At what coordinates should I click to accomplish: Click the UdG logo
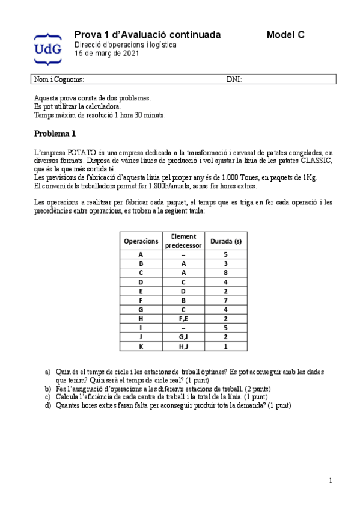(47, 48)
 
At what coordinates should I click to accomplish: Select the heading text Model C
(285, 35)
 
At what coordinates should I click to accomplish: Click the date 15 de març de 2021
(106, 54)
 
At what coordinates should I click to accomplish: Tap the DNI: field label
(234, 79)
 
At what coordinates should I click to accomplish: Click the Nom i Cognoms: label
(59, 79)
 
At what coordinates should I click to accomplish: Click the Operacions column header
(141, 241)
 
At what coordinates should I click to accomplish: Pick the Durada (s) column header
(225, 241)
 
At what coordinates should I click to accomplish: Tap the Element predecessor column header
(183, 241)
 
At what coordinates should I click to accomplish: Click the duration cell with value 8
(225, 272)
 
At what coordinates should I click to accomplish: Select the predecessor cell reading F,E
(183, 319)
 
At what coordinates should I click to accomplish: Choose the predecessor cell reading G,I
(183, 337)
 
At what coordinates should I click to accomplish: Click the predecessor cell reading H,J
(183, 346)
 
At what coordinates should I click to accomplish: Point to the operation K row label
(141, 346)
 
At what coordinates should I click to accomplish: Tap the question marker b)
(48, 389)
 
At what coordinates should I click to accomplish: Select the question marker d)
(48, 405)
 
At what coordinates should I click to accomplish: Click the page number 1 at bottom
(330, 480)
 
